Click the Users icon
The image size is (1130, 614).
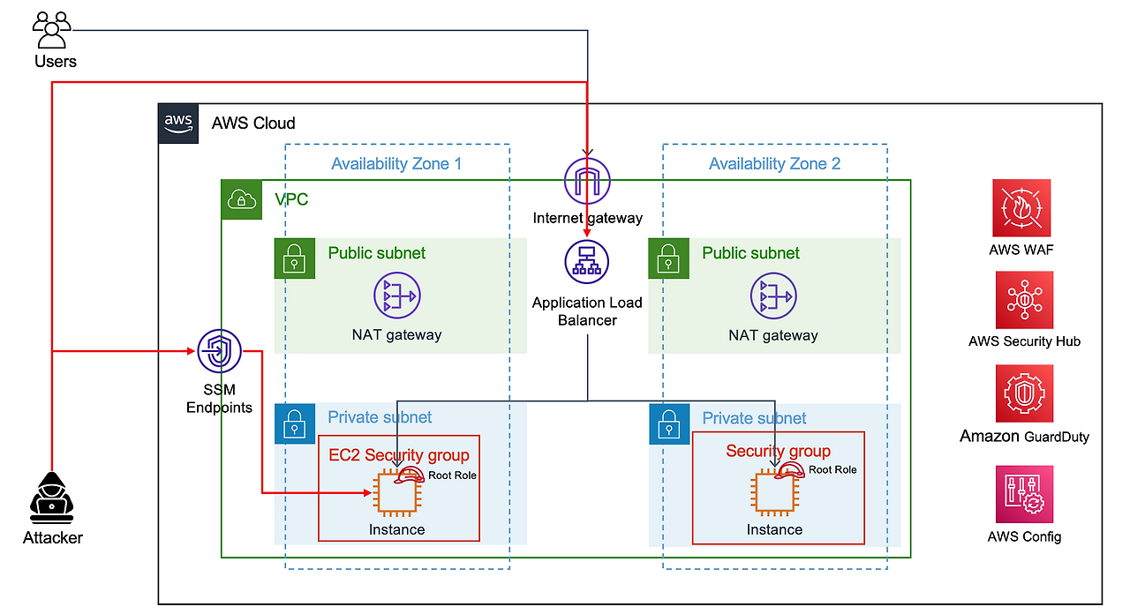click(52, 30)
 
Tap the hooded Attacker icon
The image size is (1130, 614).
click(52, 494)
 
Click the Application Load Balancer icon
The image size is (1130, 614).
click(587, 262)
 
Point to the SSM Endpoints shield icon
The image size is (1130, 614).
click(219, 352)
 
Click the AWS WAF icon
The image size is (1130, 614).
click(1021, 209)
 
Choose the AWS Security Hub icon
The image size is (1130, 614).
click(1024, 301)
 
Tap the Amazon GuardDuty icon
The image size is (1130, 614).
click(1024, 393)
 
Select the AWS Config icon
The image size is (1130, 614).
click(1024, 496)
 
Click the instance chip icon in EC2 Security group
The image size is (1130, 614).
click(396, 493)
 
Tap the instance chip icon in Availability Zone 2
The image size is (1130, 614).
click(773, 493)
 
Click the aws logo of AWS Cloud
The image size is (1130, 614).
click(179, 124)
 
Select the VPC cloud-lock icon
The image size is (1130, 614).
click(240, 199)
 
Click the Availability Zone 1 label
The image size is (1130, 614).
click(396, 163)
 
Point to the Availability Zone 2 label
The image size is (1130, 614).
click(774, 163)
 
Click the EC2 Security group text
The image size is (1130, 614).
click(399, 455)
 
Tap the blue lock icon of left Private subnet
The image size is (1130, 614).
click(294, 424)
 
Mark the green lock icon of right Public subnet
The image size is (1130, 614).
click(668, 258)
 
